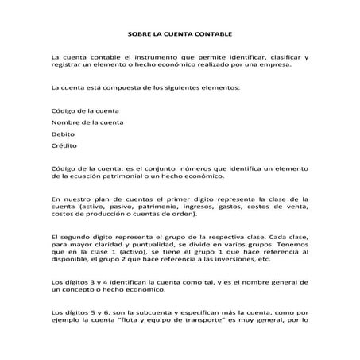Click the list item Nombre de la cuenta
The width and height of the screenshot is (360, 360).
point(81,123)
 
